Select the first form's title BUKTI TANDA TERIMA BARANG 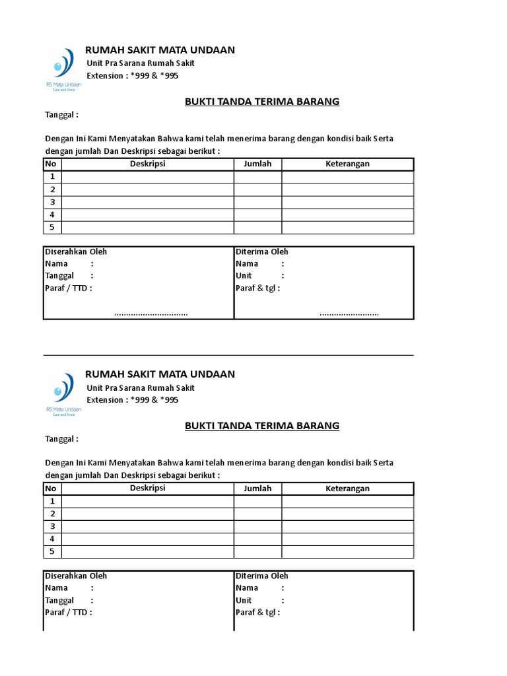(x=261, y=102)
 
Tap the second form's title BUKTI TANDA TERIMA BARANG (x=261, y=426)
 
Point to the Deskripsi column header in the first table (x=147, y=164)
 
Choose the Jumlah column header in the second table (x=257, y=489)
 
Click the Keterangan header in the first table (x=347, y=164)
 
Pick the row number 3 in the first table (x=52, y=202)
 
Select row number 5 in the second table (x=52, y=551)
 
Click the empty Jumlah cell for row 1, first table (x=257, y=177)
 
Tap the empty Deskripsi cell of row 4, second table (x=147, y=539)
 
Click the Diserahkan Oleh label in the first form (x=76, y=252)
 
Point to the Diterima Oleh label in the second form (x=262, y=576)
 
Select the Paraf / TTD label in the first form (x=69, y=288)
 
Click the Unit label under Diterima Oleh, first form (x=244, y=275)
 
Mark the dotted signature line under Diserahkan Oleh (x=151, y=314)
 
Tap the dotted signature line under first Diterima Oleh (x=349, y=314)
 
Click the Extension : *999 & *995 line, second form (x=133, y=400)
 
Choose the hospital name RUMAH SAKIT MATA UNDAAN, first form (x=160, y=50)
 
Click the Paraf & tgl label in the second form (x=257, y=612)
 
